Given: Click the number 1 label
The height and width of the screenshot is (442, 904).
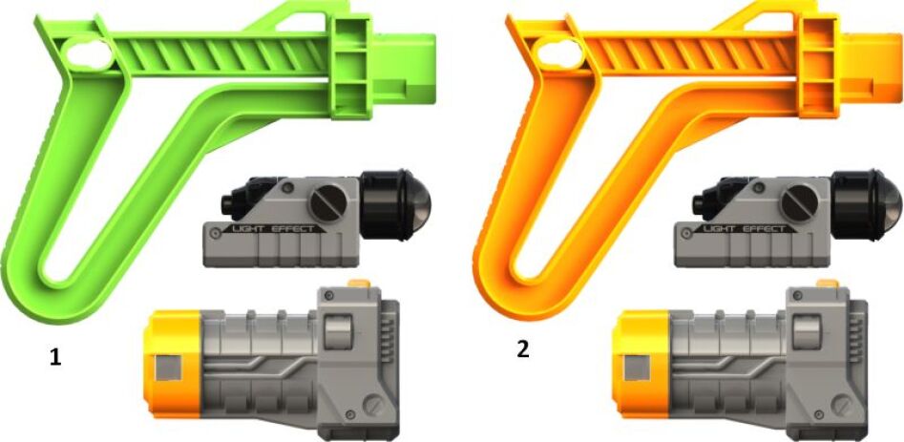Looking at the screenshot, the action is tap(54, 358).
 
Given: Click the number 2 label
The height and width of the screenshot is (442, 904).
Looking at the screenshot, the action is tap(522, 349).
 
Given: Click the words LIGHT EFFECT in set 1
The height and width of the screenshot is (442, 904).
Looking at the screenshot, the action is tap(273, 229).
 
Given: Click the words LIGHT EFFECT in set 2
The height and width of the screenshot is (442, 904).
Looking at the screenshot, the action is tap(744, 229).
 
